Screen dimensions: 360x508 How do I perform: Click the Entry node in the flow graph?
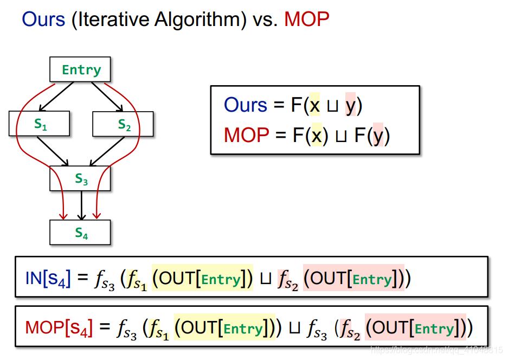pos(80,69)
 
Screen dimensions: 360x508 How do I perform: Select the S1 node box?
pos(40,124)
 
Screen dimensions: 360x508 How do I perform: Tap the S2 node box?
pos(123,124)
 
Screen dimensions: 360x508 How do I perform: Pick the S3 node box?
pos(80,178)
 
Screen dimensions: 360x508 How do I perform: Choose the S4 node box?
pos(80,232)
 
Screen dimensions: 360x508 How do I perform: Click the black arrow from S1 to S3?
pos(54,151)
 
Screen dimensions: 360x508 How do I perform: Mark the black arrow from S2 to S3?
pos(106,151)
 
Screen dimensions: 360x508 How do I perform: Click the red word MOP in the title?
pos(306,20)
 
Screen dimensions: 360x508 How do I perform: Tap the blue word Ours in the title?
pos(43,20)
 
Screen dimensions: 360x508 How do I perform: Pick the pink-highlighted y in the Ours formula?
pos(350,105)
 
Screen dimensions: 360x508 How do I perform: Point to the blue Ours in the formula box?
pos(246,105)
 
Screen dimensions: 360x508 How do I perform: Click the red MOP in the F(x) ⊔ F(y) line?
pos(247,135)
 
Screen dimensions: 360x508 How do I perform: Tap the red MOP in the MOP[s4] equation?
pos(44,327)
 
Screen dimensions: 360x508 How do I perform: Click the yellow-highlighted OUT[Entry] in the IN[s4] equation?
pos(202,279)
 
